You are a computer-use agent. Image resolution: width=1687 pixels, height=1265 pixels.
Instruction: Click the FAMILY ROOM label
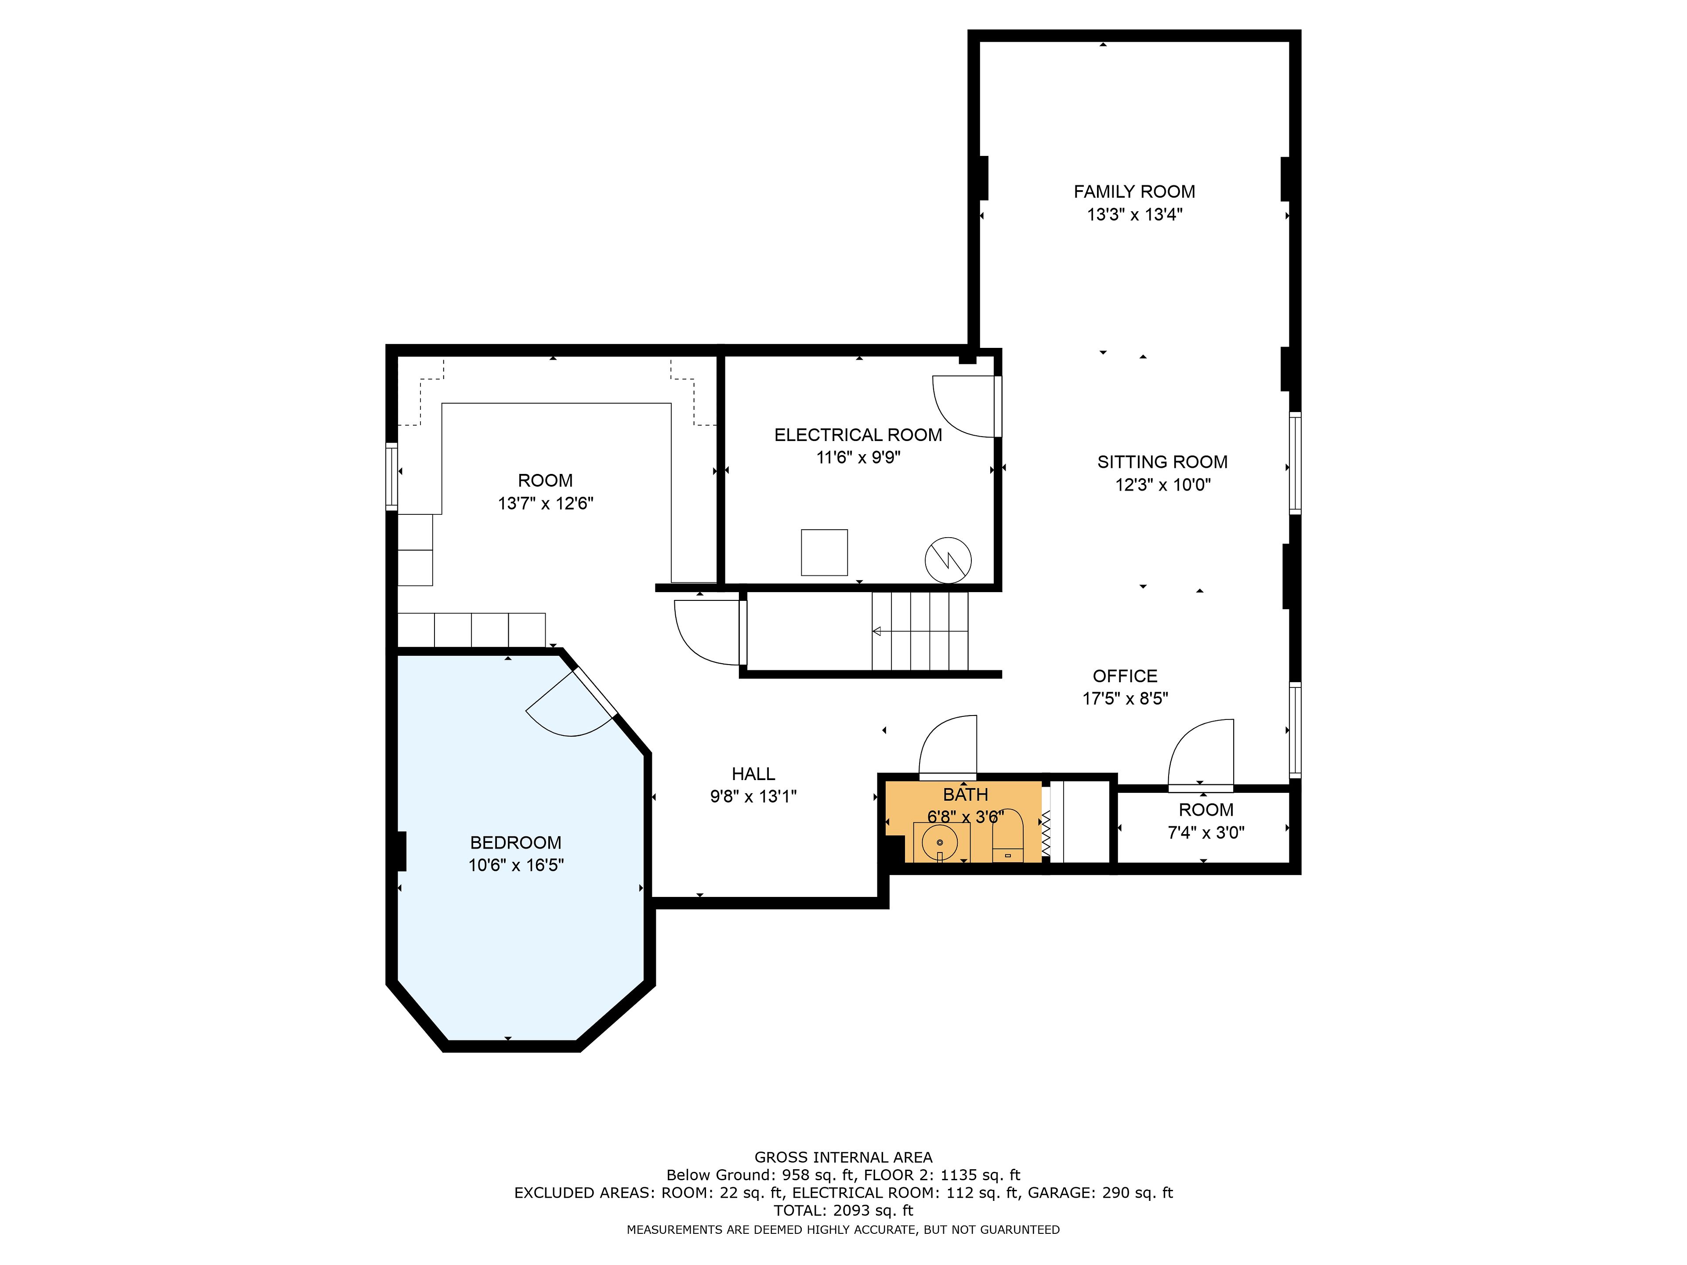[1134, 192]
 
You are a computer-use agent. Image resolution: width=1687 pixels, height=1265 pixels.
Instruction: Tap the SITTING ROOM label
[1162, 462]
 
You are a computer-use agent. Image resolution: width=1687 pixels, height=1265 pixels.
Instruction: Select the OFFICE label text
[1125, 676]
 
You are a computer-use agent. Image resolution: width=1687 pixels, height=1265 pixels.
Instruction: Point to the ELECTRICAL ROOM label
[858, 435]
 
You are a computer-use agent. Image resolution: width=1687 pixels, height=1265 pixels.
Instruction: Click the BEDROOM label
[516, 842]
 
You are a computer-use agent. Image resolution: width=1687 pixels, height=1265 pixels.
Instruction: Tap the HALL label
[753, 774]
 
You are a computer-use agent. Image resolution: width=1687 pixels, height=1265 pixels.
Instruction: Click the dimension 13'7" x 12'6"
[545, 503]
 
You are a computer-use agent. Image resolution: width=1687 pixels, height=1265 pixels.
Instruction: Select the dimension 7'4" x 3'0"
[1206, 833]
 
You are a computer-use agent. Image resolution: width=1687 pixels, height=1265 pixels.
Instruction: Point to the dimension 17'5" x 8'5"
[1125, 698]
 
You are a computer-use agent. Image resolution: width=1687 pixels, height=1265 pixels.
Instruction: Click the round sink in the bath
[940, 842]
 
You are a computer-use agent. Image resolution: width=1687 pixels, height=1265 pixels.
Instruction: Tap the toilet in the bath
[1007, 836]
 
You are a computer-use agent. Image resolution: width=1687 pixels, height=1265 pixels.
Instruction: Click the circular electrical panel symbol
[948, 560]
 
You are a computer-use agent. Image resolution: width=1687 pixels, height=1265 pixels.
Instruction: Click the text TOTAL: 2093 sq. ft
[843, 1210]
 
